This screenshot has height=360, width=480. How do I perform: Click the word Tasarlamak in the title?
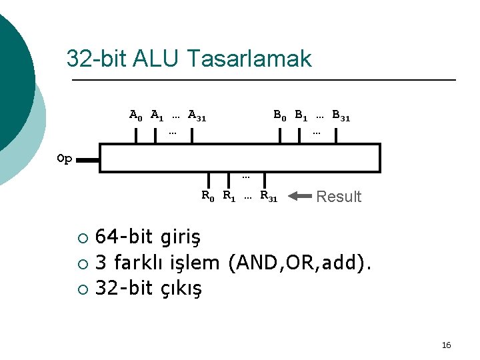(250, 59)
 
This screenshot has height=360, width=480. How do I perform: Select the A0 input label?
(135, 115)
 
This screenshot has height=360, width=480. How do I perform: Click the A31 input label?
(197, 115)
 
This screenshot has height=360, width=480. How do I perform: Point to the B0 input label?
(280, 115)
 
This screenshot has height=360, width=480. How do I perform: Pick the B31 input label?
(341, 115)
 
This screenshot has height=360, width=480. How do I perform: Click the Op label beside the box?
(65, 159)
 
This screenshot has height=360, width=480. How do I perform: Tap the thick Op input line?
(89, 160)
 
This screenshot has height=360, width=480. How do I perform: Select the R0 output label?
(208, 196)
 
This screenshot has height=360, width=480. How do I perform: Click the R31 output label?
(269, 196)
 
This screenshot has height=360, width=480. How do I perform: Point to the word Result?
(339, 197)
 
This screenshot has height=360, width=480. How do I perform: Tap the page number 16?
(446, 345)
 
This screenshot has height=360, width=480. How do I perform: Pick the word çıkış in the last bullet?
(180, 288)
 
